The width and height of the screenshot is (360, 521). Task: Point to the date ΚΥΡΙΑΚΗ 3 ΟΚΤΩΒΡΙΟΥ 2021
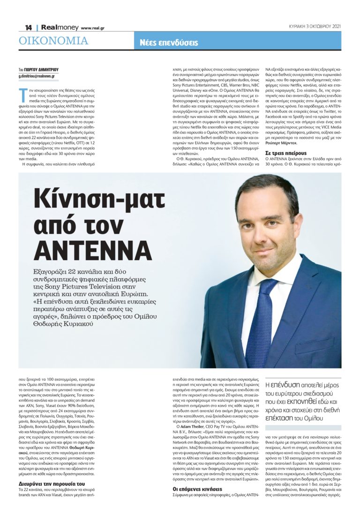315,26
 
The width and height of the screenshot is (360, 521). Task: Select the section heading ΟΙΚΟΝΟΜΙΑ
53,41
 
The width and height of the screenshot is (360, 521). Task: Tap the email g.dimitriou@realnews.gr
37,76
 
